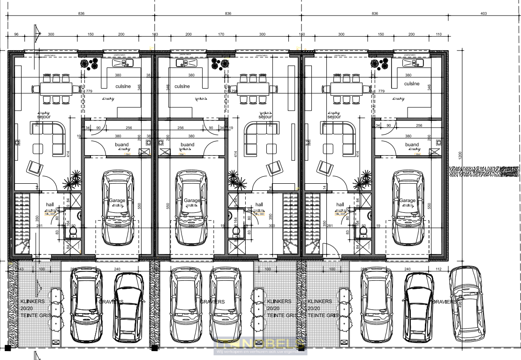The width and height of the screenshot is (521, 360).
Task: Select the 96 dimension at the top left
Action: pos(16,35)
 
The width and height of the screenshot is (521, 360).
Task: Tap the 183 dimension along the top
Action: pos(155,35)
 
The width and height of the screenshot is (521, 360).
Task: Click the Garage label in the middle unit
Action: pos(191,200)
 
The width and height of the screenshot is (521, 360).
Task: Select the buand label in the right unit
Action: pos(412,144)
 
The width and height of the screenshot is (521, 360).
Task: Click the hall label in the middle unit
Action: pos(259,204)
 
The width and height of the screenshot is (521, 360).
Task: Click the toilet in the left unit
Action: pos(73,231)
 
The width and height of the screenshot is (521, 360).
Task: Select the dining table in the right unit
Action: pos(347,89)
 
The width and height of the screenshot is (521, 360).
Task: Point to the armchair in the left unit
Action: pos(34,167)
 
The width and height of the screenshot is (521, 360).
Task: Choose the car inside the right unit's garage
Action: pos(407,207)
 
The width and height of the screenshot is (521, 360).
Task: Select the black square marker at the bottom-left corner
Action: pos(7,348)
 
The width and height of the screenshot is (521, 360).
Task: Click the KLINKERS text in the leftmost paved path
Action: pos(31,301)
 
